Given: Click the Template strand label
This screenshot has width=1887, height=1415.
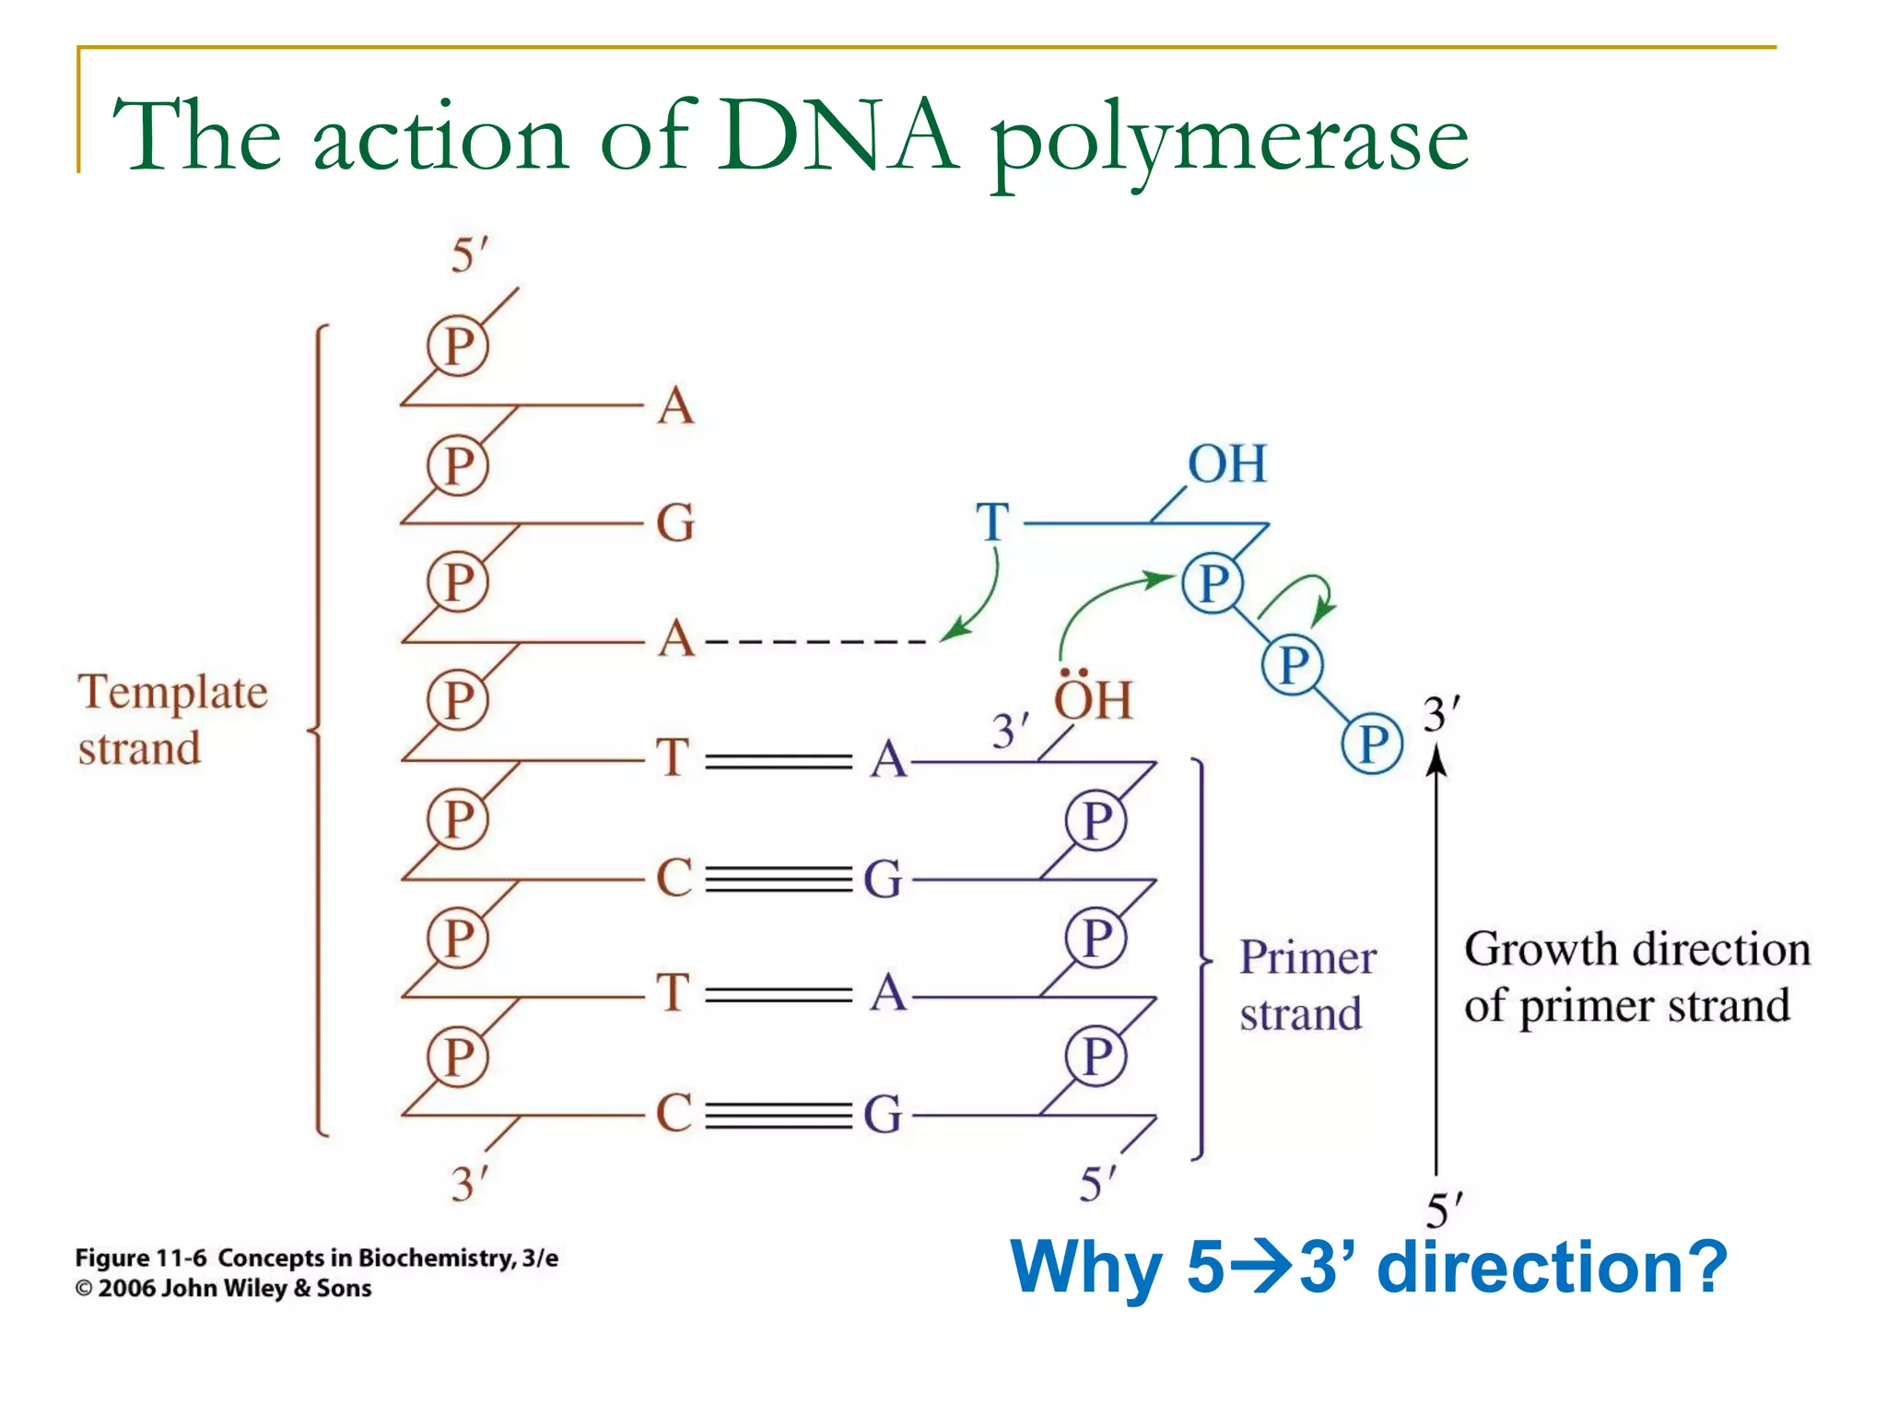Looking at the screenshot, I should coord(171,719).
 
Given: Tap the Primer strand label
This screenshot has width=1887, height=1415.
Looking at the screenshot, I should coord(1307,985).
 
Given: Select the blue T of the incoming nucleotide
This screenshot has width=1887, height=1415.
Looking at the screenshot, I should coord(992,522).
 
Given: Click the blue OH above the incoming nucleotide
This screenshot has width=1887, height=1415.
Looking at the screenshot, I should coord(1226,463).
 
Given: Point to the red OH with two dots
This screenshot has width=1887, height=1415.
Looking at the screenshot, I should coord(1092,699).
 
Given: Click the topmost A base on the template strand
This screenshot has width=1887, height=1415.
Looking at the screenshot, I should coord(675,405).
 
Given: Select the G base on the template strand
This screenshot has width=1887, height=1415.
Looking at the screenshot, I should coord(675,523).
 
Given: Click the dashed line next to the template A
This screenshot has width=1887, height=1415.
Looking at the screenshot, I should coord(815,641).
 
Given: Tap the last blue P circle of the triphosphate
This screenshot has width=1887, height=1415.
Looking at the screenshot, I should coord(1372,743).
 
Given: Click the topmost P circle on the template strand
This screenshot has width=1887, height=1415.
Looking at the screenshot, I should coord(458,346).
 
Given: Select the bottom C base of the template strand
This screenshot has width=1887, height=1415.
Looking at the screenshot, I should coord(674,1113).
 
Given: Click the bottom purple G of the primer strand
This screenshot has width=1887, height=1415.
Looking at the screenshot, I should coord(883,1115).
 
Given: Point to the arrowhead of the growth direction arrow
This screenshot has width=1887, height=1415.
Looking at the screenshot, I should coord(1436,759).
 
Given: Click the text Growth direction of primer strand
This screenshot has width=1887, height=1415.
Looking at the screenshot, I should coord(1635,976).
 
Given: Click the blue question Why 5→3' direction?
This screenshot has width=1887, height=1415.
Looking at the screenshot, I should coord(1367,1268).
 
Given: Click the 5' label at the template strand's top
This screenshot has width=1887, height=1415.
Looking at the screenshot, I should coord(469,255).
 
